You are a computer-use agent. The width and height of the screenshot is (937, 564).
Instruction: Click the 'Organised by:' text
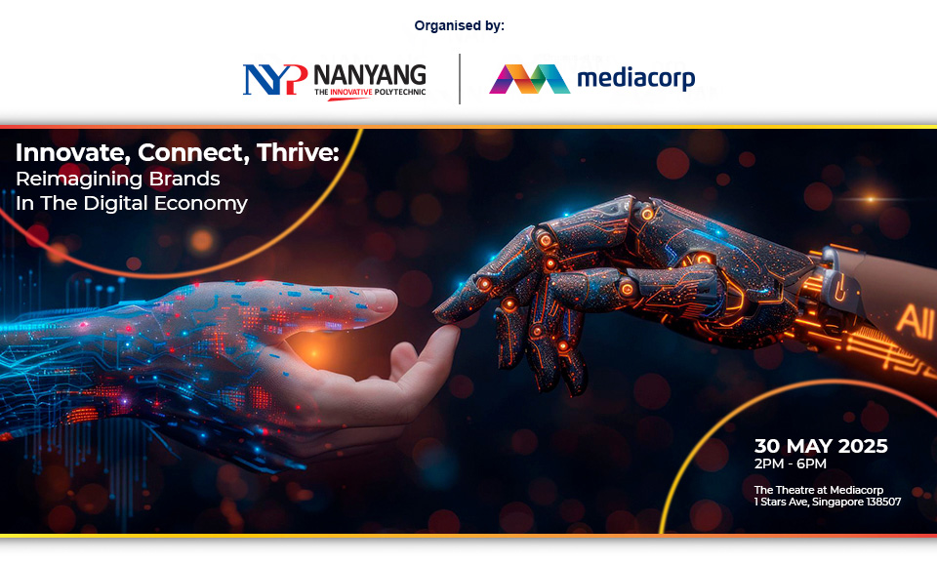click(x=459, y=25)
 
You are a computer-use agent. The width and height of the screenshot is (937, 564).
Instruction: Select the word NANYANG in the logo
click(x=370, y=75)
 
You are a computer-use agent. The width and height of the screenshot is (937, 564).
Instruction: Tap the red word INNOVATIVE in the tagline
click(x=351, y=92)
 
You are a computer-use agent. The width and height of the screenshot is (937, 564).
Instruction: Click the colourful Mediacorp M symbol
click(x=529, y=79)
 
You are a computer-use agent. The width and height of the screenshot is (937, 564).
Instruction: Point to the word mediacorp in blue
click(x=635, y=78)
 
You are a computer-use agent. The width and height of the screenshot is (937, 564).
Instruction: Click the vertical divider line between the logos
click(x=460, y=79)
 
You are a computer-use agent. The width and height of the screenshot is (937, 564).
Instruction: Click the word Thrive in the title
click(x=298, y=153)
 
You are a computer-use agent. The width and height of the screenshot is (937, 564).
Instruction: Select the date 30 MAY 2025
click(x=821, y=446)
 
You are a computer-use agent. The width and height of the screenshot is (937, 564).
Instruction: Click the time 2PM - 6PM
click(x=791, y=463)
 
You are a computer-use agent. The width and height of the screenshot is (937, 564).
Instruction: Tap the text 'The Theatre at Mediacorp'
click(x=819, y=490)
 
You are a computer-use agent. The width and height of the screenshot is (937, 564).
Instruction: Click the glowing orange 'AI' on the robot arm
click(x=915, y=321)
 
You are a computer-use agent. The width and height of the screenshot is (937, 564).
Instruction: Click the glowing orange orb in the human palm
click(x=315, y=352)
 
